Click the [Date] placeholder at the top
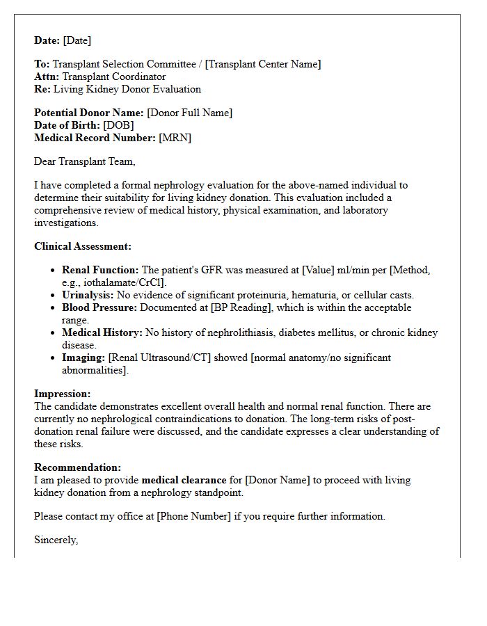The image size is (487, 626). click(x=77, y=40)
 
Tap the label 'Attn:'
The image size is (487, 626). click(x=47, y=77)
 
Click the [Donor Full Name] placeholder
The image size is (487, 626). click(x=189, y=113)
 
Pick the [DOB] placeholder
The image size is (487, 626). click(x=118, y=125)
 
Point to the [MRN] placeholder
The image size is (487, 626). click(x=175, y=138)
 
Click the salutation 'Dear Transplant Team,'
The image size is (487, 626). click(x=85, y=161)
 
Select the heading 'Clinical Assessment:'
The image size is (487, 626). click(x=83, y=246)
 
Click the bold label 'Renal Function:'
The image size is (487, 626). click(x=100, y=270)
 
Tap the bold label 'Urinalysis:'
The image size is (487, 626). click(x=88, y=295)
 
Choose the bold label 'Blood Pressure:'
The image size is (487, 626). click(x=100, y=307)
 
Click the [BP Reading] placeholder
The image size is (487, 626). click(x=237, y=307)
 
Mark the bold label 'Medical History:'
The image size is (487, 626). click(x=102, y=332)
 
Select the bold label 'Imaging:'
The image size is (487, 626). click(x=83, y=358)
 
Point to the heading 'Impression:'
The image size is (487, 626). click(x=63, y=394)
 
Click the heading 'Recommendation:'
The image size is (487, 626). click(x=77, y=467)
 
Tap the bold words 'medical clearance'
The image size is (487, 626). click(x=184, y=480)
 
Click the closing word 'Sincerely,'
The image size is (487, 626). click(x=56, y=540)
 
